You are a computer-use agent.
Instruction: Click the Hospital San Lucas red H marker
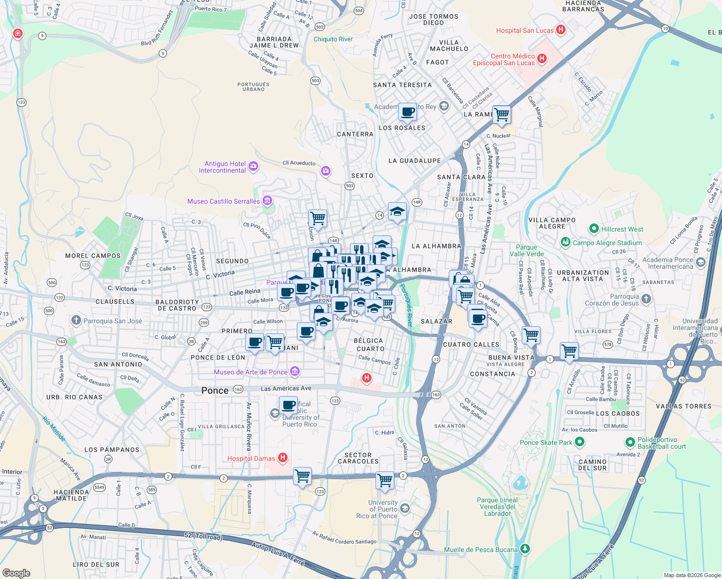tap(560, 29)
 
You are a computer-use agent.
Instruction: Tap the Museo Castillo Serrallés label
tap(223, 201)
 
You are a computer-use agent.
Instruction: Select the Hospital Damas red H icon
tap(283, 457)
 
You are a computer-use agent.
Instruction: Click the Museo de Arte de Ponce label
tap(250, 372)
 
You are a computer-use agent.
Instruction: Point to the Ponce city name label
tap(215, 390)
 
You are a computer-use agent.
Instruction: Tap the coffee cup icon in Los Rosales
tap(408, 112)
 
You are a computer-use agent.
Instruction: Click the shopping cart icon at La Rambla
tap(502, 114)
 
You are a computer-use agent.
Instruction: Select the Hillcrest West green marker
tap(594, 229)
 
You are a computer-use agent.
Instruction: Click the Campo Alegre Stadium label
tap(607, 243)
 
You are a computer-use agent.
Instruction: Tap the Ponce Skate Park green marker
tap(580, 441)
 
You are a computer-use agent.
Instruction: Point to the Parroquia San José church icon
tap(76, 320)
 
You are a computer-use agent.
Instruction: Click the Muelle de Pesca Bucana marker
tap(525, 549)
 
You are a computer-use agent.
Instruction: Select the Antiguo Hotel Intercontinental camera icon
tap(253, 166)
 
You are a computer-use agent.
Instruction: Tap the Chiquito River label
tap(333, 39)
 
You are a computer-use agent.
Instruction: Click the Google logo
tap(16, 573)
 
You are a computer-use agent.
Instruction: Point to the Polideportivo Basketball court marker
tap(630, 442)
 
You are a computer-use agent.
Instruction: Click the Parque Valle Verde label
tap(527, 250)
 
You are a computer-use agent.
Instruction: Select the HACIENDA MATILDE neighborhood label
tap(71, 495)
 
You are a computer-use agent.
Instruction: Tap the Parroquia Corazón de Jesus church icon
tap(646, 299)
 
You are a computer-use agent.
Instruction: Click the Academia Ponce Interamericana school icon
tap(701, 262)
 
